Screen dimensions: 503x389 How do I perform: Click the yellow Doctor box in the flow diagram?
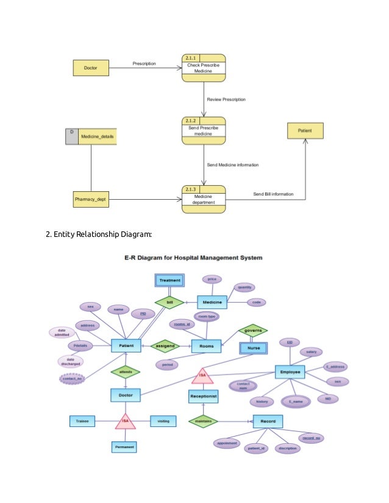coord(90,68)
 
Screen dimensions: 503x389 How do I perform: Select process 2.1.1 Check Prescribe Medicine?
coord(203,68)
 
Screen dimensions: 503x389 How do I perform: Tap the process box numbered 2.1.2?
coord(203,130)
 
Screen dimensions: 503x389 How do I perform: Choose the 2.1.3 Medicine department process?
coord(203,199)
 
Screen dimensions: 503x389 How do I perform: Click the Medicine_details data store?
coord(91,136)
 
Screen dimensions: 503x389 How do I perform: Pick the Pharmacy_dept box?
coord(90,199)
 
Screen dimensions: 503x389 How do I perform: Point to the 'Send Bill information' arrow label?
coord(273,194)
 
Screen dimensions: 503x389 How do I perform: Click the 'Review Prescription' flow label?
coord(226,99)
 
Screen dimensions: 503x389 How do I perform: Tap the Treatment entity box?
coord(170,281)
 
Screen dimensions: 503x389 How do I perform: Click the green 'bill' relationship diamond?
coord(170,301)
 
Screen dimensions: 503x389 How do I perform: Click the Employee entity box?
coord(290,371)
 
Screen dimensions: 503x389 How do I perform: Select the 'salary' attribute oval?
coord(311,352)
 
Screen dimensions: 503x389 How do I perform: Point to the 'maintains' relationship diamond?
coord(202,421)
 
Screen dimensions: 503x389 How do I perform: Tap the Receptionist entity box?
coord(203,396)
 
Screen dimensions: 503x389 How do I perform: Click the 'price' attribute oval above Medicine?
coord(212,279)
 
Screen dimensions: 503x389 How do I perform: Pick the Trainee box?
coord(82,421)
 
